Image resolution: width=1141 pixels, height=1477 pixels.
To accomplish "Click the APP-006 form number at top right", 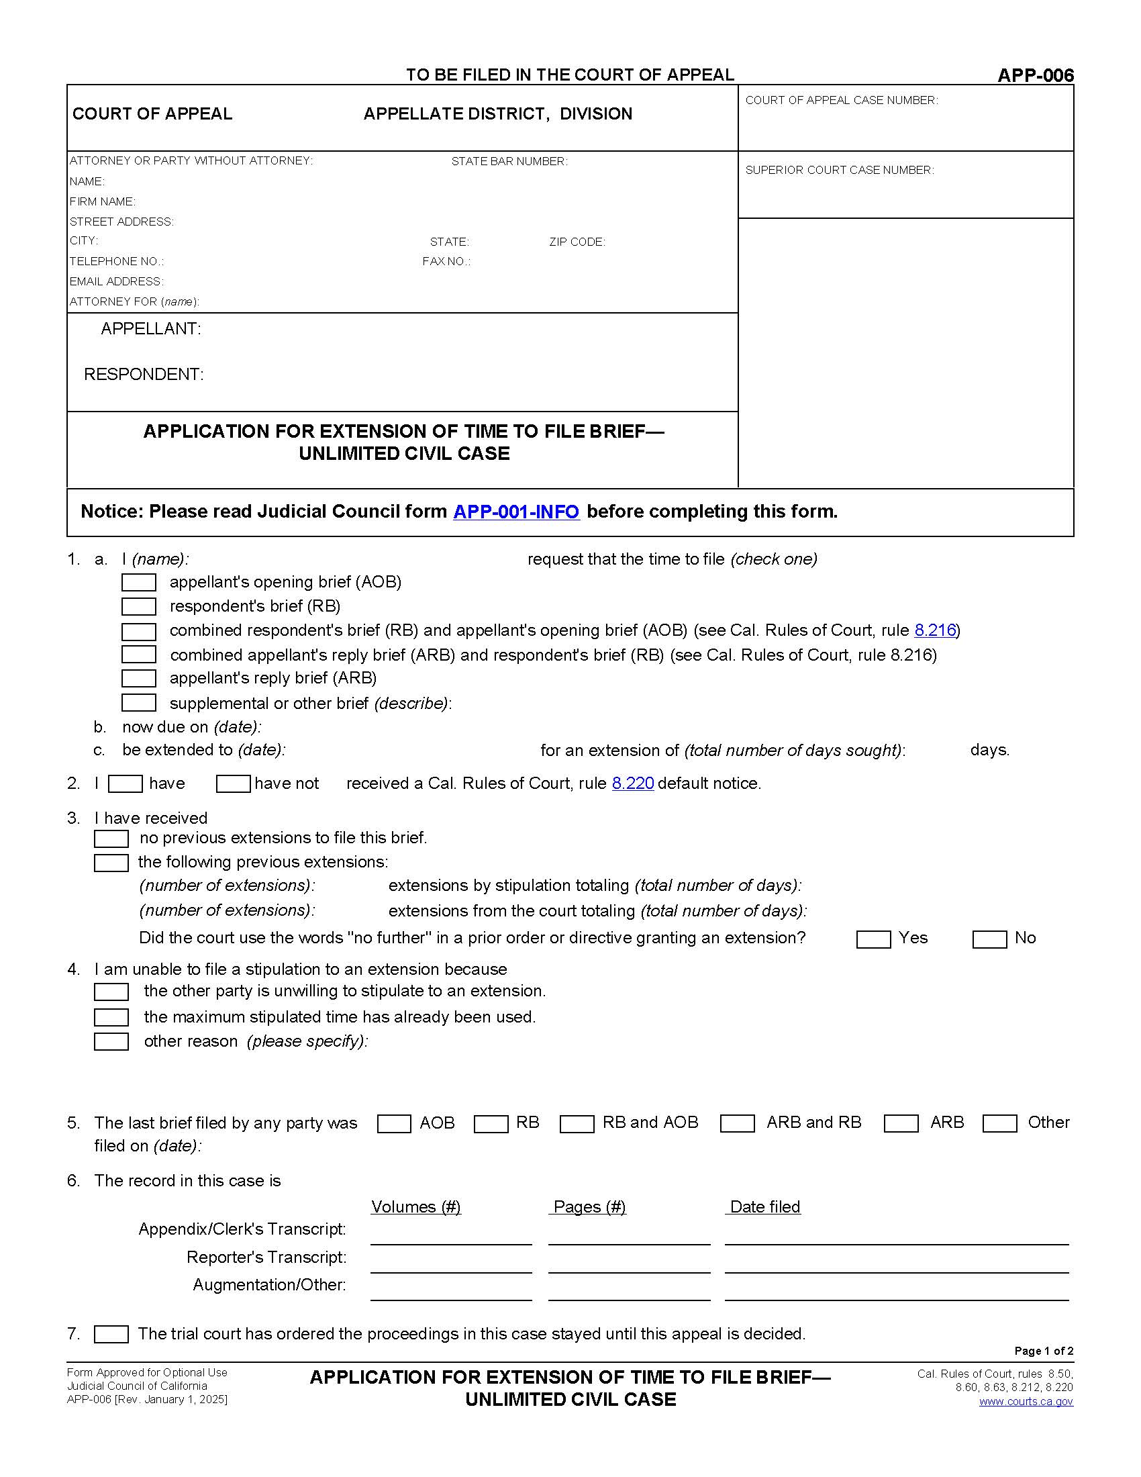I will (1035, 75).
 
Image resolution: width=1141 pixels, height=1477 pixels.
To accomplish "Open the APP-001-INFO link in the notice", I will (515, 512).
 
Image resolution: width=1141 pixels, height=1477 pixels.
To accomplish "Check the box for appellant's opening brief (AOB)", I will (138, 582).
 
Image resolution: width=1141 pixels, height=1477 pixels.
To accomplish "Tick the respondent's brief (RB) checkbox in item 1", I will (138, 606).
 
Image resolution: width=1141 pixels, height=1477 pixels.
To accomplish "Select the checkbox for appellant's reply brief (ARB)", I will (138, 678).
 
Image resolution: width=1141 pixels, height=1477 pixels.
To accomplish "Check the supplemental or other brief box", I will (138, 703).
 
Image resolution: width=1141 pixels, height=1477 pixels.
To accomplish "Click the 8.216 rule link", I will (935, 630).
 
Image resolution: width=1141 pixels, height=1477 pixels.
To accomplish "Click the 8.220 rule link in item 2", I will (633, 783).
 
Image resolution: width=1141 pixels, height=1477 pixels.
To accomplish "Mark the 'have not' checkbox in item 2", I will (233, 783).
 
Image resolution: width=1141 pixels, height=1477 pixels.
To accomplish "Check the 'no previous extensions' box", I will (111, 839).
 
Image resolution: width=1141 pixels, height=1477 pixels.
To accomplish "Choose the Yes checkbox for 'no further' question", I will (873, 939).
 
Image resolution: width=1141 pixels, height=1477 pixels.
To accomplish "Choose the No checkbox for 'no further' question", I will (989, 939).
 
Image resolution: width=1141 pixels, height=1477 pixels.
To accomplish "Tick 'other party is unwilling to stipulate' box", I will (111, 992).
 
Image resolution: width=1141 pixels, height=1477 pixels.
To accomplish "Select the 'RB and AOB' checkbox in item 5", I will (577, 1123).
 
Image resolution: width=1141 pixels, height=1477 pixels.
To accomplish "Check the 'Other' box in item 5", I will (1000, 1123).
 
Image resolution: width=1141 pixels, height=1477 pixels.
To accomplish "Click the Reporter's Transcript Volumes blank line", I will (451, 1265).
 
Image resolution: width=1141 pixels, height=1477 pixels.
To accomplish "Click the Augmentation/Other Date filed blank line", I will (896, 1292).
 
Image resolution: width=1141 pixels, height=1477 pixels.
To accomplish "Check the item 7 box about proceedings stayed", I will (111, 1334).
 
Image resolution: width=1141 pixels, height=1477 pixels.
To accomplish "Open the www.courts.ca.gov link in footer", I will (1026, 1401).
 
